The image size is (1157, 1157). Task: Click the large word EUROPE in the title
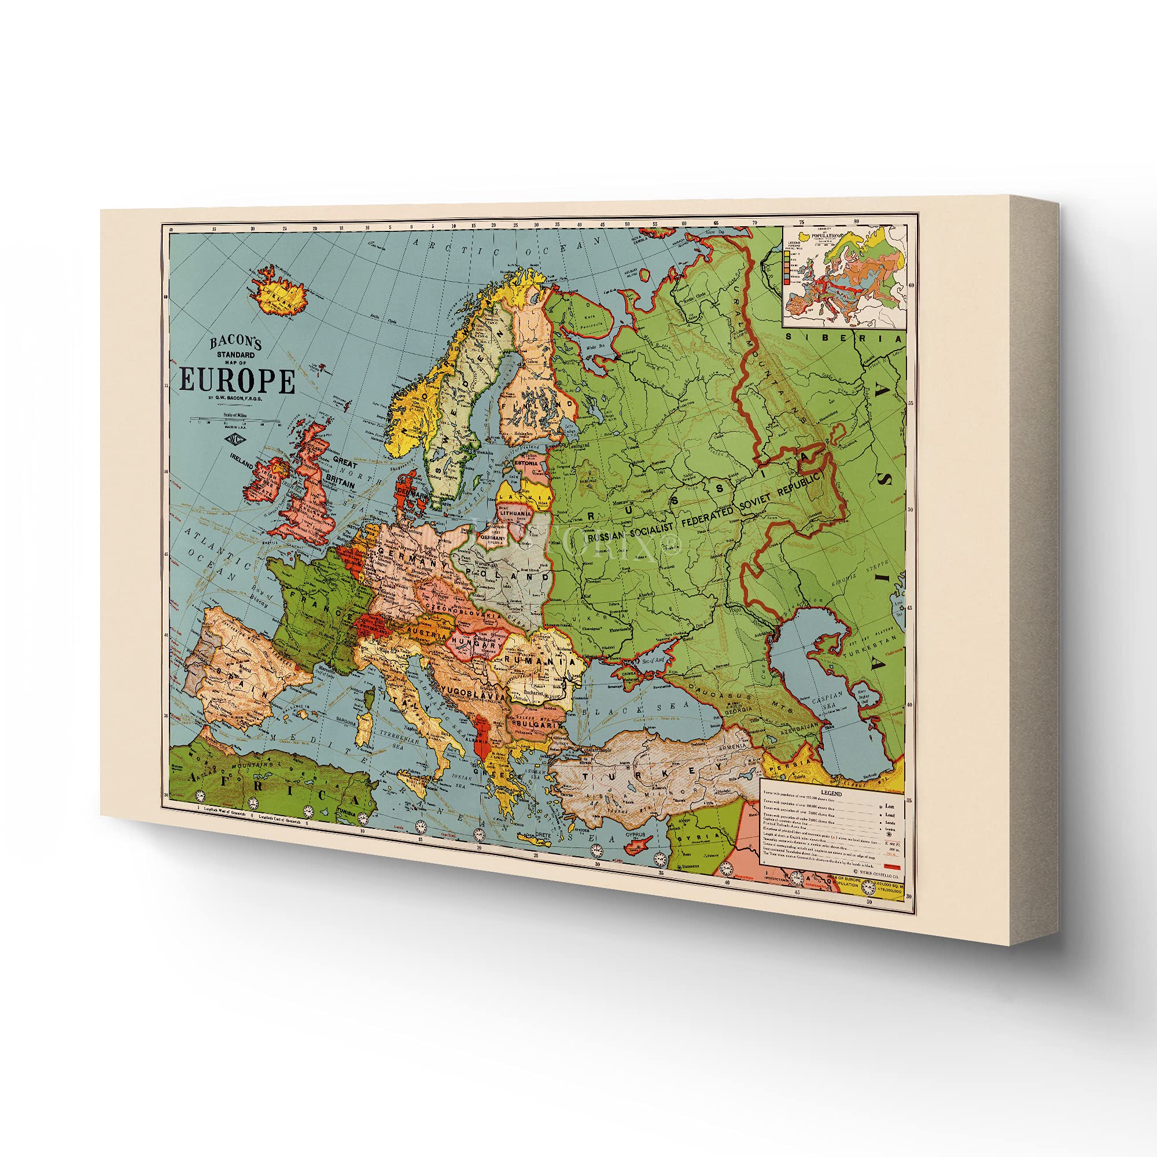pos(237,381)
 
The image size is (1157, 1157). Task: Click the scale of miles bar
pos(235,421)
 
